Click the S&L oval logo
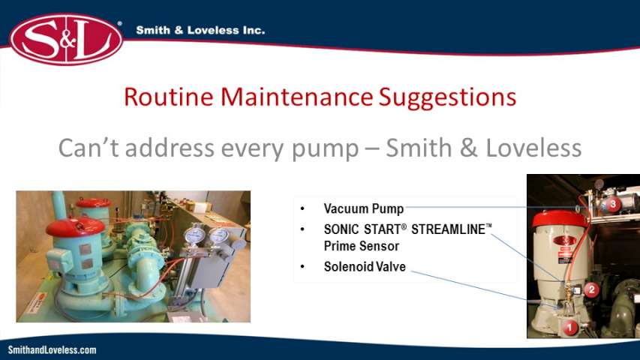coord(66,39)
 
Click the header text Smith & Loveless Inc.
coord(200,30)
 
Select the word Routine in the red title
coord(169,97)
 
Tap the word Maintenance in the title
coord(296,97)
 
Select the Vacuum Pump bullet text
coord(364,208)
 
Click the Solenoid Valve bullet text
coord(365,266)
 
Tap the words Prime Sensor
coord(362,246)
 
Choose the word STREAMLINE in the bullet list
coord(448,229)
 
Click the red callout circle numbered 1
coord(569,327)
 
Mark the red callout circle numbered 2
coord(591,289)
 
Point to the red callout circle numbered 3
coord(613,204)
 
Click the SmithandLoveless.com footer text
coord(53,350)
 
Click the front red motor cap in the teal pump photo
coord(76,227)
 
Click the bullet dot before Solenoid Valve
coord(302,267)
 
